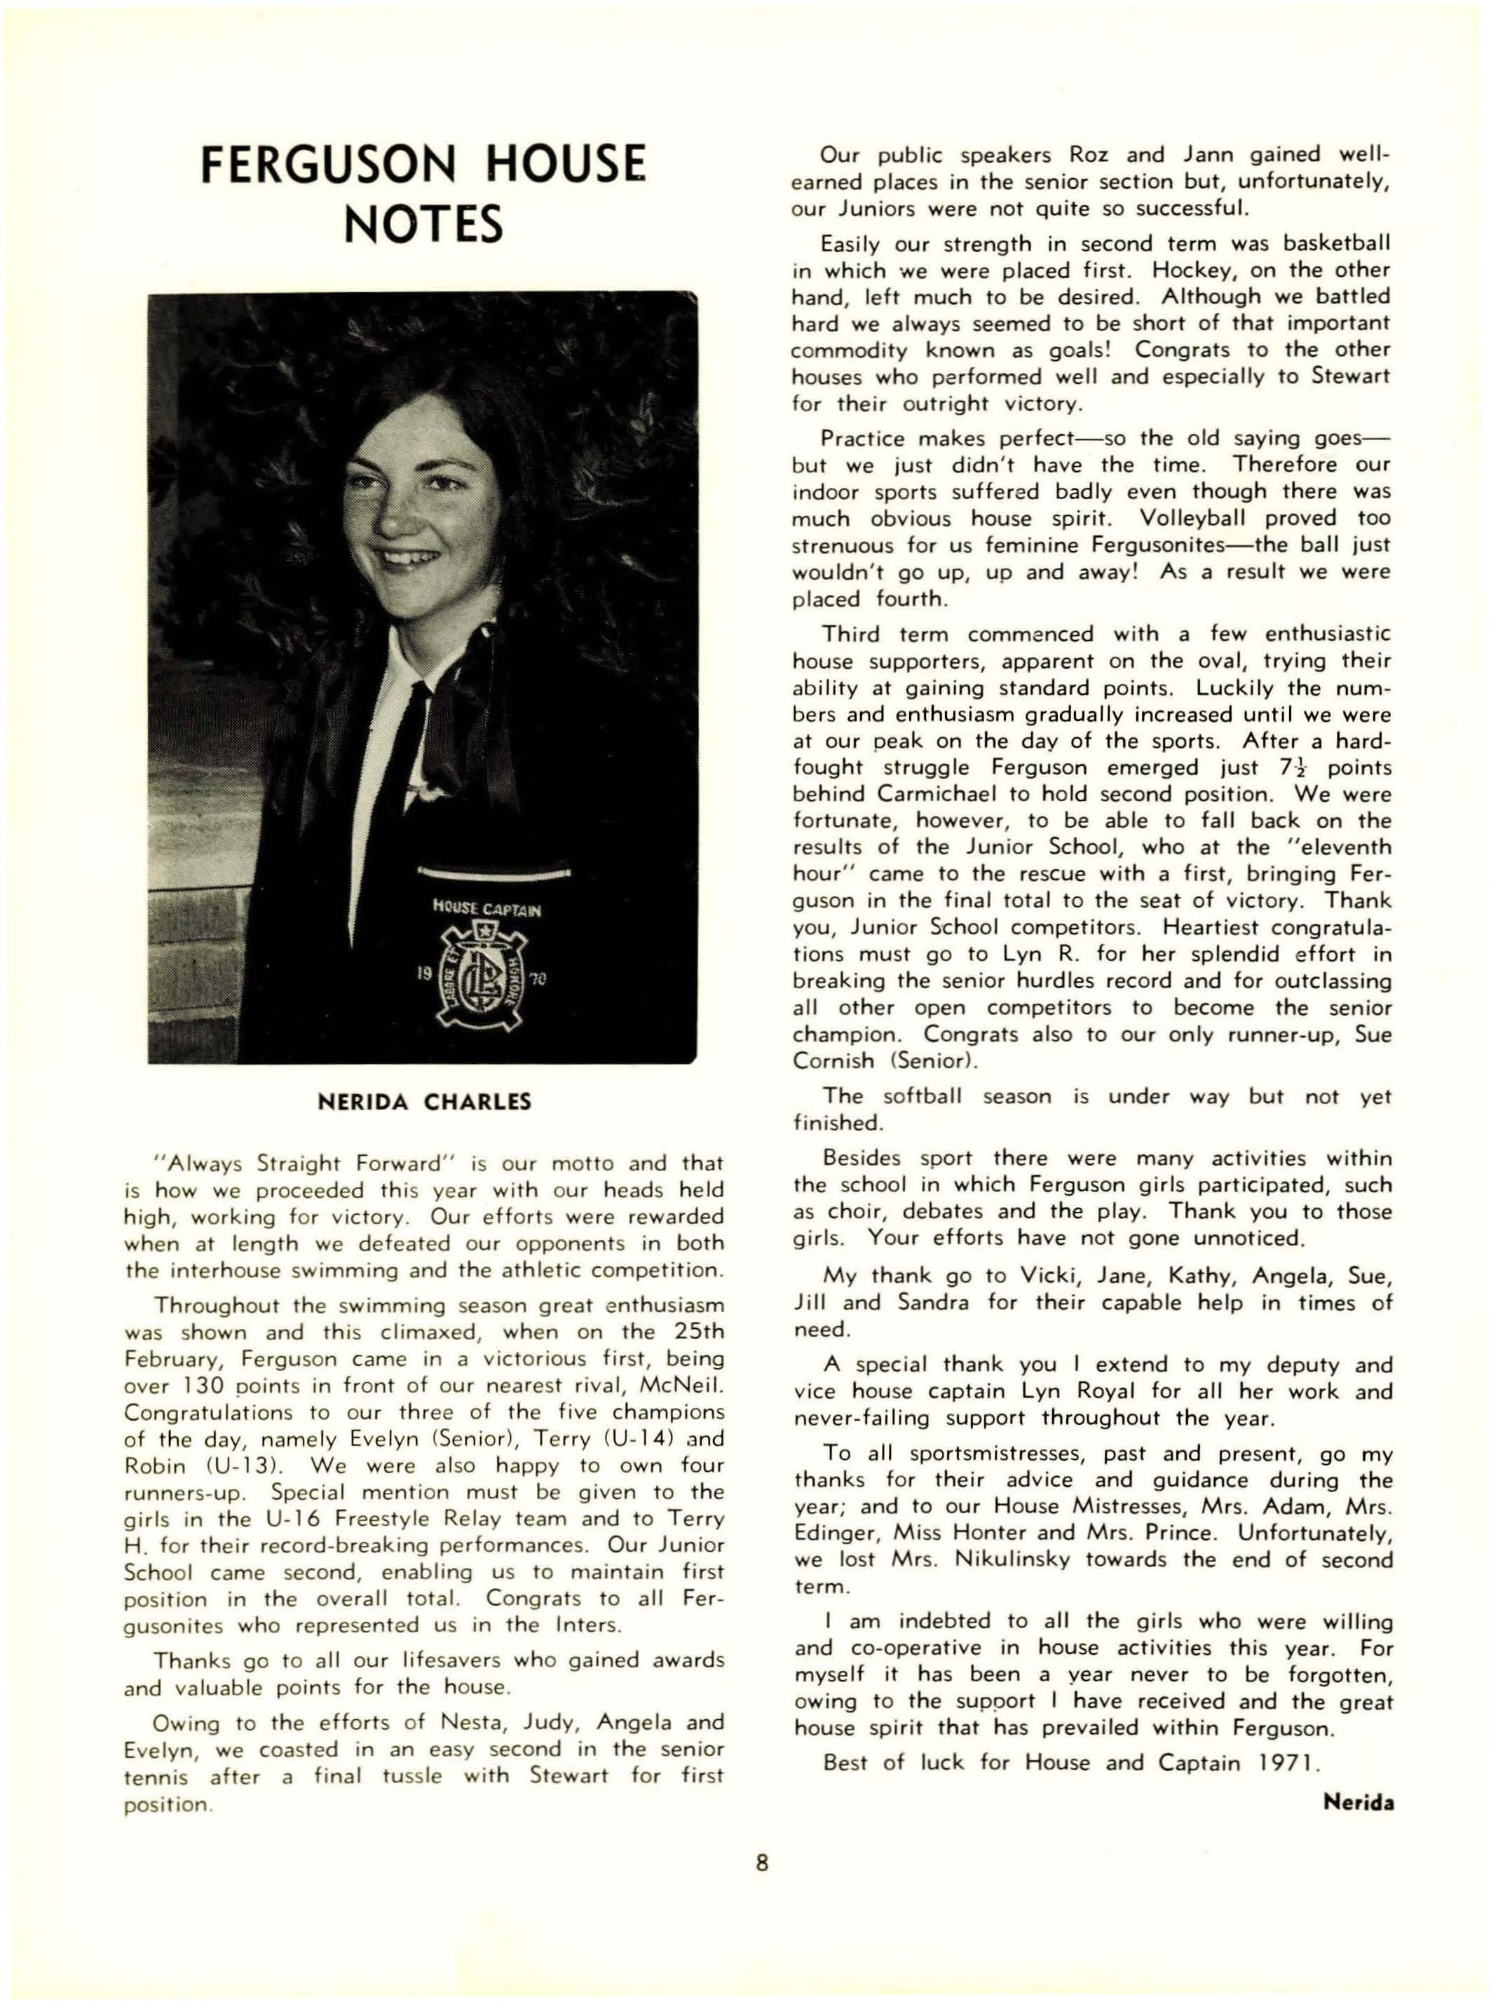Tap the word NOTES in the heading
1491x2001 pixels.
click(424, 225)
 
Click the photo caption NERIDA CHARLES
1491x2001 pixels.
click(424, 1102)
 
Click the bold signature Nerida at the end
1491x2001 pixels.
click(1359, 1803)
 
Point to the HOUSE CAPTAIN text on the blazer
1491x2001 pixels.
click(487, 908)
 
